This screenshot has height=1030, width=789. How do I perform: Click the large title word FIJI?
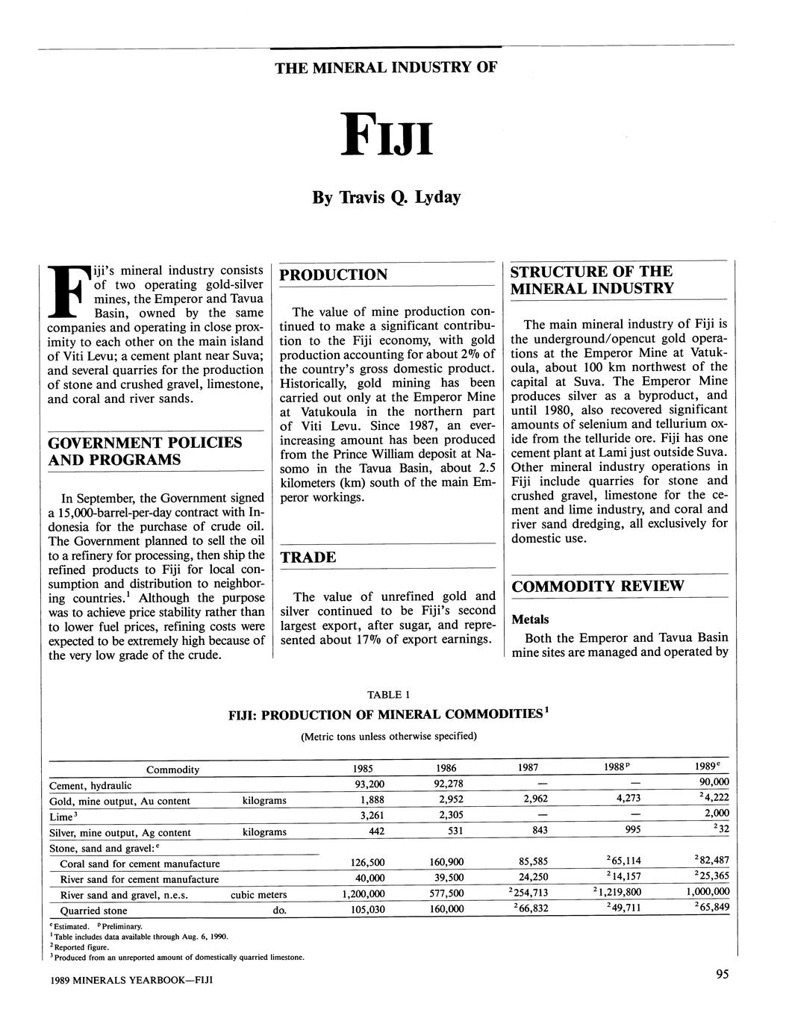pyautogui.click(x=385, y=135)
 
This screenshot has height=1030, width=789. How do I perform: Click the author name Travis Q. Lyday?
pyautogui.click(x=386, y=198)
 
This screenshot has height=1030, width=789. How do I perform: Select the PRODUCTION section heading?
pyautogui.click(x=333, y=275)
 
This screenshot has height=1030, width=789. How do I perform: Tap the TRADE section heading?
pyautogui.click(x=308, y=558)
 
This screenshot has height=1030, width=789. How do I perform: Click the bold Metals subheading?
pyautogui.click(x=529, y=619)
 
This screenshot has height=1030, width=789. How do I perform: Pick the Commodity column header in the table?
pyautogui.click(x=172, y=770)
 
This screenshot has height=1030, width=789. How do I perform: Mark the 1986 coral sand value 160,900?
pyautogui.click(x=446, y=863)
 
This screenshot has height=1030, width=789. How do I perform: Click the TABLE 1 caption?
pyautogui.click(x=388, y=695)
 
